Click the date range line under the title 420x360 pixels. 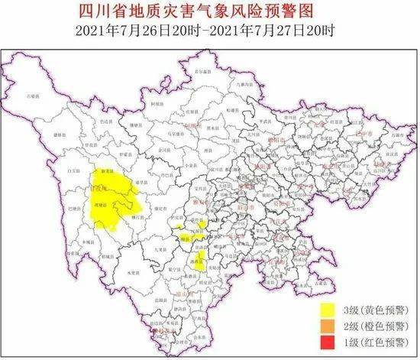[x=209, y=31]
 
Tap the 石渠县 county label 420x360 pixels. [x=32, y=97]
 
